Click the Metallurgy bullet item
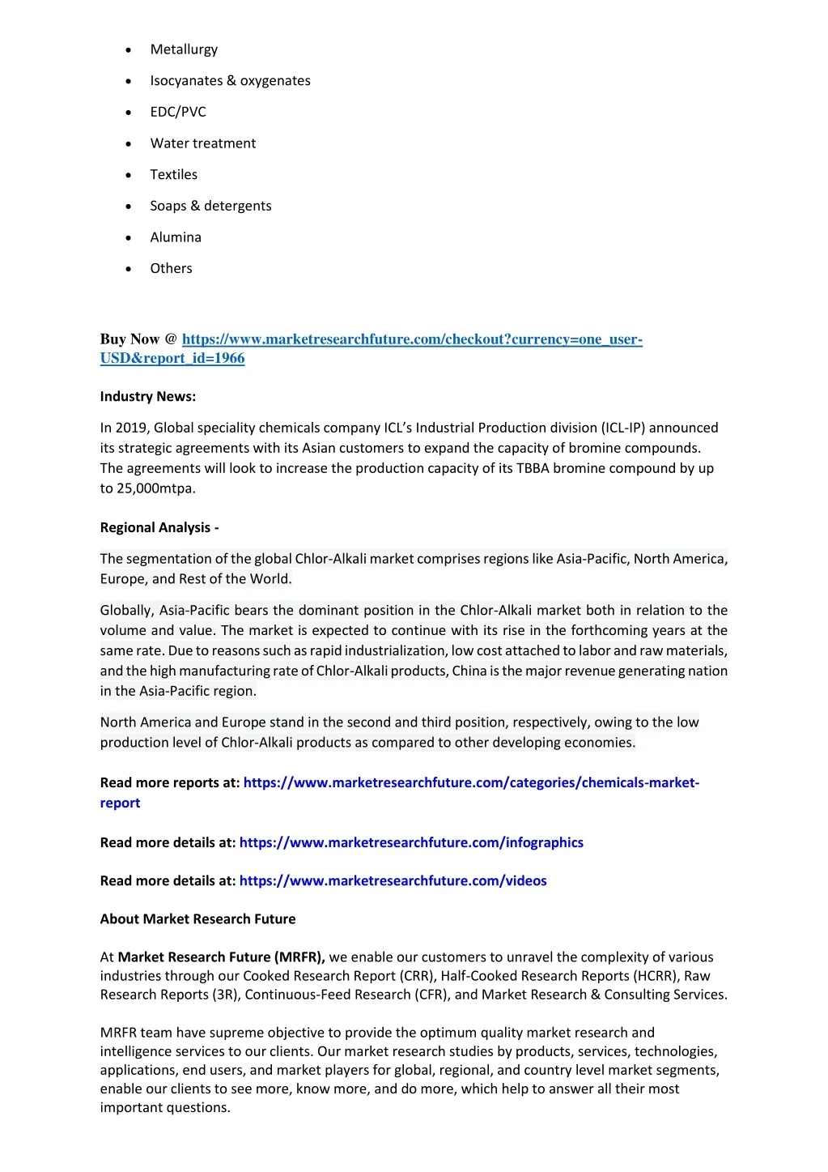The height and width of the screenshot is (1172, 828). pyautogui.click(x=184, y=49)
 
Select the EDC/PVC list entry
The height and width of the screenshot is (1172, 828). pyautogui.click(x=178, y=112)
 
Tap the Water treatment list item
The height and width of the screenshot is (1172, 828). pyautogui.click(x=202, y=143)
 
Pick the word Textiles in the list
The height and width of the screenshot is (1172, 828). pyautogui.click(x=173, y=175)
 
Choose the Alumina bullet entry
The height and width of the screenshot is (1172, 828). pyautogui.click(x=176, y=237)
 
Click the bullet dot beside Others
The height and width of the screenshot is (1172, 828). pyautogui.click(x=129, y=269)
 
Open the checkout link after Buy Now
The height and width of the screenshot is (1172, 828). pyautogui.click(x=412, y=339)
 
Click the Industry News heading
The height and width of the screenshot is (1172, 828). pyautogui.click(x=148, y=397)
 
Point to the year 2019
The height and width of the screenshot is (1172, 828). pyautogui.click(x=131, y=428)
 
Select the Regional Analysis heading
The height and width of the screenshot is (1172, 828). pyautogui.click(x=159, y=527)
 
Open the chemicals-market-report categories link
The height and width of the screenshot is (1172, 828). pyautogui.click(x=471, y=783)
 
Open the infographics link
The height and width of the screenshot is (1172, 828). pyautogui.click(x=411, y=843)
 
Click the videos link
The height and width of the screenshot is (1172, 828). pyautogui.click(x=393, y=881)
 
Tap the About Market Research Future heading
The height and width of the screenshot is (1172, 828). pyautogui.click(x=197, y=919)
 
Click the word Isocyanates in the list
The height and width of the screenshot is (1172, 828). pyautogui.click(x=186, y=81)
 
